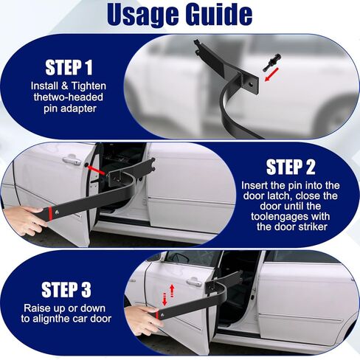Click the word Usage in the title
142,15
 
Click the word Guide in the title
219,14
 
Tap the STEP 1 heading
69,67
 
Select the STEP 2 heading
291,167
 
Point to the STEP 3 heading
66,290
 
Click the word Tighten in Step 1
89,86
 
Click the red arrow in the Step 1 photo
271,75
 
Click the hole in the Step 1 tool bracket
251,84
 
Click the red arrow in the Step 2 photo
97,170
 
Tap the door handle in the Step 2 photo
72,160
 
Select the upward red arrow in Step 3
172,291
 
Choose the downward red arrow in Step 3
165,300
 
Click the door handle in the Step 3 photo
194,283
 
